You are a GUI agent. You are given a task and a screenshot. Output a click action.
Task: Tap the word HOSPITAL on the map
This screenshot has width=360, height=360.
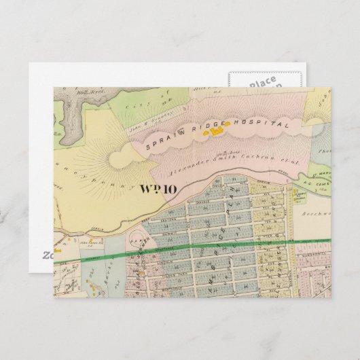266,124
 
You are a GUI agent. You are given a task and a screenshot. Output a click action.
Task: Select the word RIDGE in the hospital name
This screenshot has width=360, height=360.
213,126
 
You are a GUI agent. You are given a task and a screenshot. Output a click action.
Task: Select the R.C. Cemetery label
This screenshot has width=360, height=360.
317,182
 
